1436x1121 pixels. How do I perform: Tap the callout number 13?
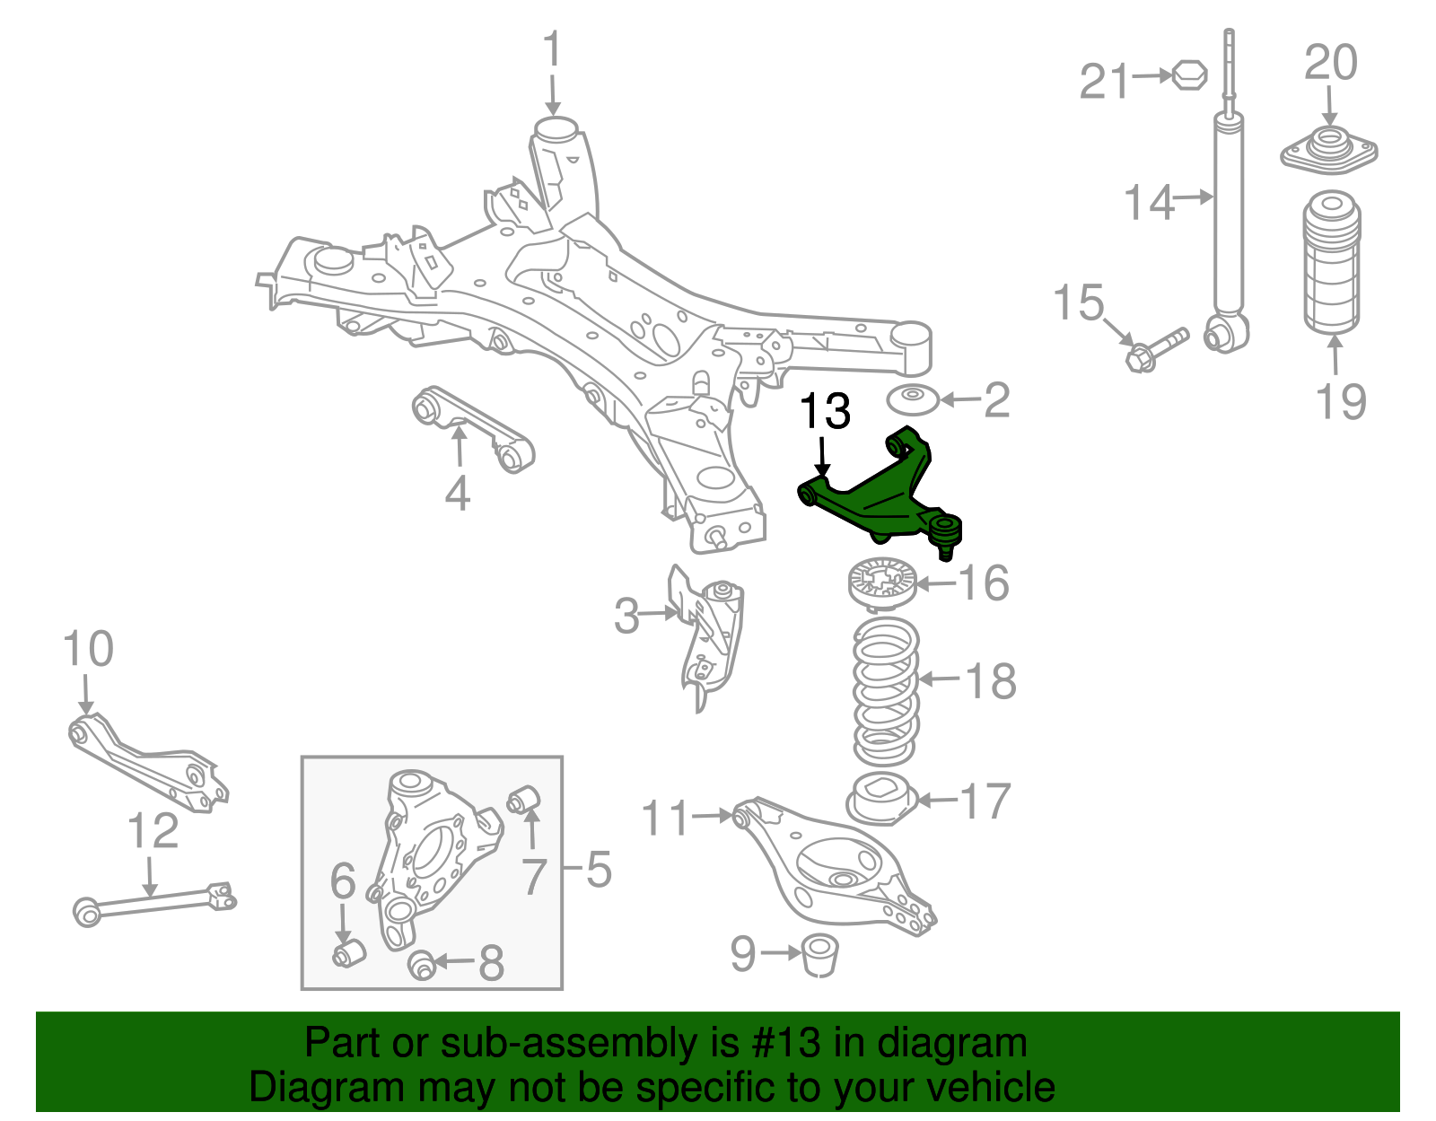824,412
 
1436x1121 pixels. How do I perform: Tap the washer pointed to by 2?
913,399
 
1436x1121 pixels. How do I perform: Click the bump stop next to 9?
819,954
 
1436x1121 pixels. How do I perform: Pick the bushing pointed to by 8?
422,966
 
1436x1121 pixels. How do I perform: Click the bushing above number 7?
523,798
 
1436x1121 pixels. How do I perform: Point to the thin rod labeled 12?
153,902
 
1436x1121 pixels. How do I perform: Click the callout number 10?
88,650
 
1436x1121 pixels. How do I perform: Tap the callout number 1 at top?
552,49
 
